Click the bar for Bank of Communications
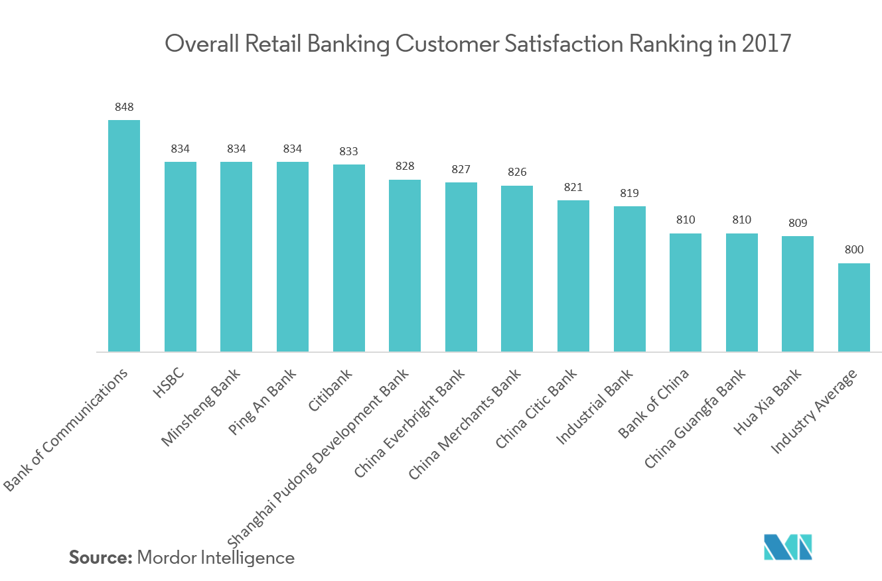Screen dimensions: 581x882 pos(124,235)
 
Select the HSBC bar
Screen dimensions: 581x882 pos(181,257)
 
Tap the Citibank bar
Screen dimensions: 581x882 pos(348,258)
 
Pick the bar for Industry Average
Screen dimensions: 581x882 pos(853,307)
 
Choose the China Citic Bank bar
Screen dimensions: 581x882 pos(573,276)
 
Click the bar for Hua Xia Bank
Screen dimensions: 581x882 pos(797,294)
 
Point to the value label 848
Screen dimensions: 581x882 pos(124,107)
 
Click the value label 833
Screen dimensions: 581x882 pos(348,151)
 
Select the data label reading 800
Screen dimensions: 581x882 pos(853,250)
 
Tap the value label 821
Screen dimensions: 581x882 pos(573,187)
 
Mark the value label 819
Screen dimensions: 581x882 pos(629,193)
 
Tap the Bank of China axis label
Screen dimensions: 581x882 pos(654,403)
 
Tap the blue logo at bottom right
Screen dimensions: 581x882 pos(788,547)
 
